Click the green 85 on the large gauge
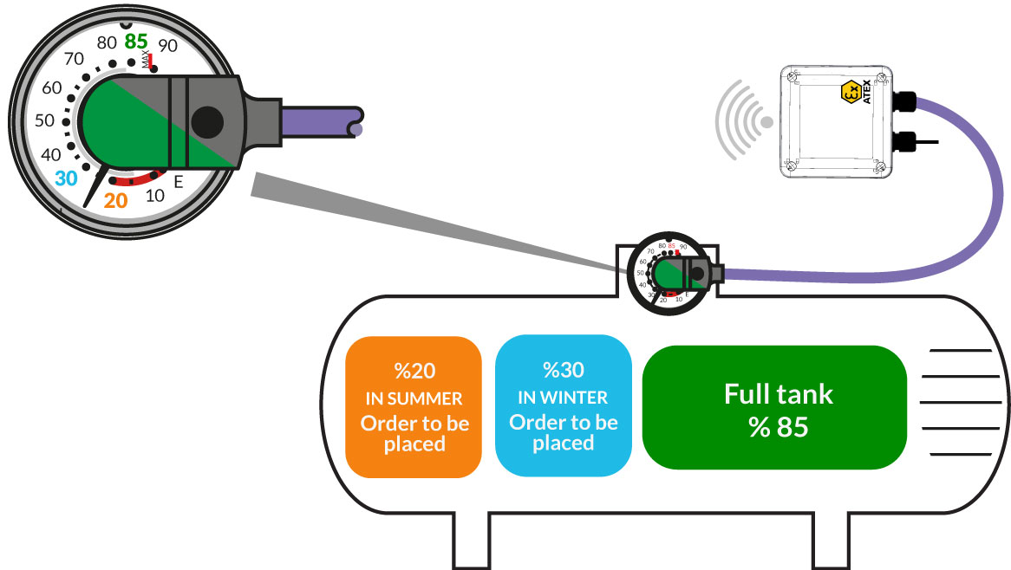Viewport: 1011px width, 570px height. click(x=136, y=41)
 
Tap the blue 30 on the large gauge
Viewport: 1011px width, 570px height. click(x=66, y=178)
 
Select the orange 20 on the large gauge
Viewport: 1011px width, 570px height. click(x=116, y=201)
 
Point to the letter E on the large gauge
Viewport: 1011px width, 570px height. click(x=179, y=182)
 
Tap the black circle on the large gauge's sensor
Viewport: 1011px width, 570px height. click(x=207, y=122)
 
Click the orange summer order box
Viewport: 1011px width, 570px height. click(x=413, y=407)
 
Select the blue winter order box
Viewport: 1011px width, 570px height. click(x=563, y=407)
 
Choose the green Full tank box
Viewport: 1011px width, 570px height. click(x=774, y=407)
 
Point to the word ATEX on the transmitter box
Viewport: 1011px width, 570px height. click(x=865, y=92)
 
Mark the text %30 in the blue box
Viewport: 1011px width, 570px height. click(x=563, y=371)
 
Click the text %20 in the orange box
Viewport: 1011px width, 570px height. click(x=413, y=371)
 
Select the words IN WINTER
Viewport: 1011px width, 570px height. click(x=563, y=398)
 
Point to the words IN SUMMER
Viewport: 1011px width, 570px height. click(x=413, y=398)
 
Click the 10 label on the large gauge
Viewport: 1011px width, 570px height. click(x=155, y=196)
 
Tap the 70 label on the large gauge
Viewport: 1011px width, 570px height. click(x=75, y=60)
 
